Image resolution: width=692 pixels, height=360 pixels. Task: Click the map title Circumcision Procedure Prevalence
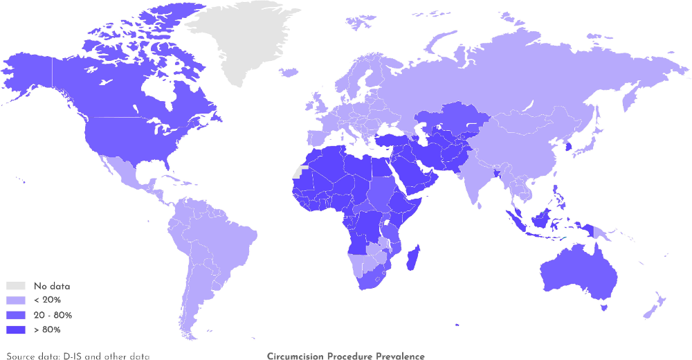345,357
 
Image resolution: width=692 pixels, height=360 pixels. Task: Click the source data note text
78,357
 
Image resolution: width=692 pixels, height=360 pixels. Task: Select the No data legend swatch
16,286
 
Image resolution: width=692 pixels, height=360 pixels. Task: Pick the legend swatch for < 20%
16,300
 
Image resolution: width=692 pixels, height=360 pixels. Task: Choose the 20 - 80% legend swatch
16,315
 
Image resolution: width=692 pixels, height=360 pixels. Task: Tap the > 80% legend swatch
16,330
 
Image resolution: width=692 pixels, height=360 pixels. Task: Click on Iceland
290,71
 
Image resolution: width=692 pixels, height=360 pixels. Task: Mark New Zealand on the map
655,305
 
